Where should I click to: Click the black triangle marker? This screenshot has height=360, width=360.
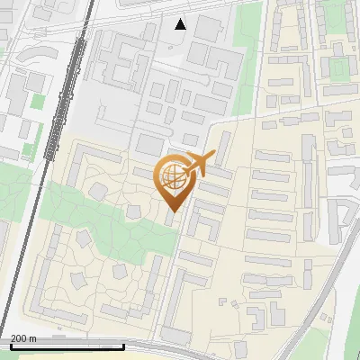point(181,23)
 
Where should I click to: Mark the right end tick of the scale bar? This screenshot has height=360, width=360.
point(123,344)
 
